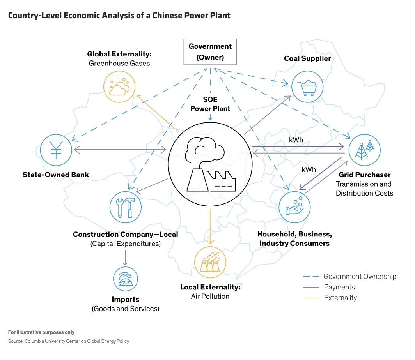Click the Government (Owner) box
pyautogui.click(x=210, y=52)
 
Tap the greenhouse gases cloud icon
pyautogui.click(x=119, y=87)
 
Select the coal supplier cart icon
pyautogui.click(x=307, y=86)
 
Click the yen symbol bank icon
pyautogui.click(x=57, y=150)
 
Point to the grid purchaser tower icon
pyautogui.click(x=364, y=150)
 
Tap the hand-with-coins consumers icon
pyautogui.click(x=294, y=207)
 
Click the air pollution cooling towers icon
pyautogui.click(x=210, y=262)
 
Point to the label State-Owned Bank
pyautogui.click(x=56, y=175)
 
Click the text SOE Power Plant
pyautogui.click(x=210, y=104)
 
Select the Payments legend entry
pyautogui.click(x=339, y=287)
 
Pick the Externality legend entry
pyautogui.click(x=340, y=298)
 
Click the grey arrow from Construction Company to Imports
pyautogui.click(x=125, y=257)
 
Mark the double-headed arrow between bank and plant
pyautogui.click(x=120, y=149)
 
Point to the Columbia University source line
pyautogui.click(x=69, y=341)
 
